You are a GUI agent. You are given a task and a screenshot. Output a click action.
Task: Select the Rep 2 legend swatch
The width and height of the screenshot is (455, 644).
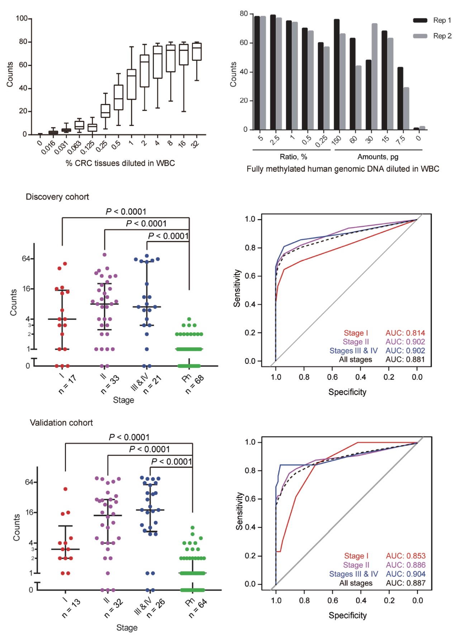(x=420, y=36)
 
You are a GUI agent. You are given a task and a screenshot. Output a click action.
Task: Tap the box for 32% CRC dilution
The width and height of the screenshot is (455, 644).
(x=196, y=51)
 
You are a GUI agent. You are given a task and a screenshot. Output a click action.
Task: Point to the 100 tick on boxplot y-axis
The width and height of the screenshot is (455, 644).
(x=22, y=18)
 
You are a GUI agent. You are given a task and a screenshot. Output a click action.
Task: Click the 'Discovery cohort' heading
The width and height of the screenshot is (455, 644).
(x=57, y=197)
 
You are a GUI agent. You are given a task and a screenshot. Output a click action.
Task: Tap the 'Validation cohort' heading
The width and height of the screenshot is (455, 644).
(x=61, y=423)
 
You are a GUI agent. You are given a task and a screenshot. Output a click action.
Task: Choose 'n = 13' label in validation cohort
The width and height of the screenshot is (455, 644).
(x=71, y=608)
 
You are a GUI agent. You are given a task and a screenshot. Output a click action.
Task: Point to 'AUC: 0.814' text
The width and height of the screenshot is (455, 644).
(x=405, y=333)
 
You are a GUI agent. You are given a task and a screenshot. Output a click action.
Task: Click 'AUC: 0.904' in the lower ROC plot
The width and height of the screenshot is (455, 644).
(x=406, y=574)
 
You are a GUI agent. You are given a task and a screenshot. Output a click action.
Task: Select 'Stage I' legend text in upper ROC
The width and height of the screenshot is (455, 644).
(x=356, y=333)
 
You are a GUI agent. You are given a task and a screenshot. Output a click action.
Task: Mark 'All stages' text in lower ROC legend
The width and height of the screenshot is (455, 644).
(x=356, y=583)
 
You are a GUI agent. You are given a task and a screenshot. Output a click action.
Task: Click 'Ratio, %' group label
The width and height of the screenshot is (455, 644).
(x=293, y=157)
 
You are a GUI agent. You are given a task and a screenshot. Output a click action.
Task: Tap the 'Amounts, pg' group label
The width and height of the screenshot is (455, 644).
(x=378, y=157)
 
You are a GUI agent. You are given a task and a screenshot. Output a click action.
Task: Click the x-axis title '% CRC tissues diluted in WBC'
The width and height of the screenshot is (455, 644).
(x=120, y=163)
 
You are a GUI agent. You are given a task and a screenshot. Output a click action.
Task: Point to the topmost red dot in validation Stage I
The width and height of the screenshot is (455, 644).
(x=65, y=489)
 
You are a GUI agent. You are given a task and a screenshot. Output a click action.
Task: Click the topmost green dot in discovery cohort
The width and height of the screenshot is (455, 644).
(x=189, y=319)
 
